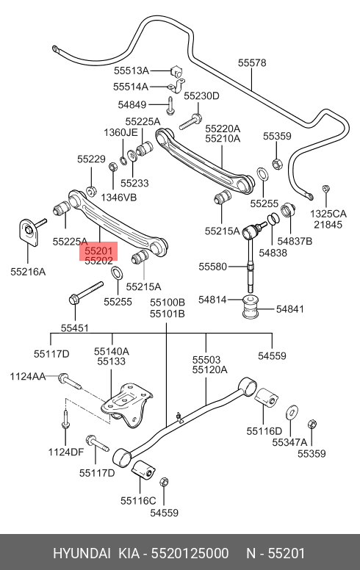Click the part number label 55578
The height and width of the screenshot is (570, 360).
point(252,63)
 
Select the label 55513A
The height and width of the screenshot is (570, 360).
point(132,71)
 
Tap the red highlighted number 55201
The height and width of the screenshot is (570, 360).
point(99,250)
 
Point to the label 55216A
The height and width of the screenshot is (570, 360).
point(28,272)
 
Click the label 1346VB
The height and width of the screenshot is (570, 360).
point(118,198)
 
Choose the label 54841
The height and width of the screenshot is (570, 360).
point(289,309)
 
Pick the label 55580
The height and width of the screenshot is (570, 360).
point(212,267)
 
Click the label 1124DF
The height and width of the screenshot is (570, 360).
point(66,452)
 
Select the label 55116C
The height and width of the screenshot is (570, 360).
point(138,500)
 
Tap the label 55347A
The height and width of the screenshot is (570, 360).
point(289,442)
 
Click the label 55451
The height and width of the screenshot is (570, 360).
point(74,328)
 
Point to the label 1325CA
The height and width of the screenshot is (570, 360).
point(328,214)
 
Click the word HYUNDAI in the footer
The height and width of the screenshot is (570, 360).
point(82,553)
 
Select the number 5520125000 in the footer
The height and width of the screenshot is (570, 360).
point(190,553)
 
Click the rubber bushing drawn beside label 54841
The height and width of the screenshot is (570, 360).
point(251,307)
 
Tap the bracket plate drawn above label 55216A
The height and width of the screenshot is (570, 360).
point(29,233)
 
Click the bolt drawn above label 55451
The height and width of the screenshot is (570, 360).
point(86,292)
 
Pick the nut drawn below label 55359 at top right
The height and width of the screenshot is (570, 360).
point(277,163)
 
